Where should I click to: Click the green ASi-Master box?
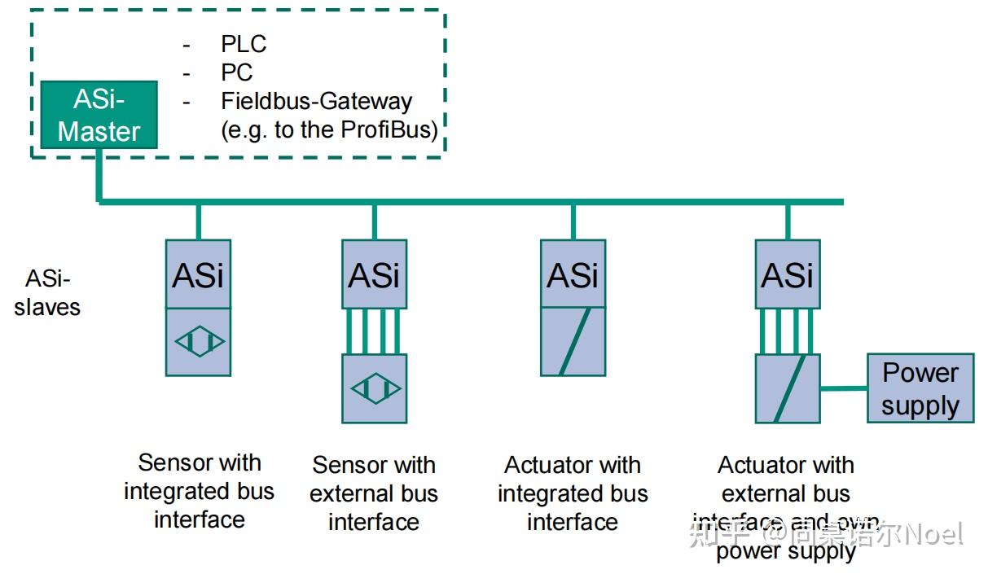tap(99, 115)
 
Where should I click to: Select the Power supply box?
tap(920, 388)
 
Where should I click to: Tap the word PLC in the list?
tap(244, 44)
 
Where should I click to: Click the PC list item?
tap(237, 72)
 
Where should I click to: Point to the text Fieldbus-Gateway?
tap(316, 102)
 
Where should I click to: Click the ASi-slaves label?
tap(47, 293)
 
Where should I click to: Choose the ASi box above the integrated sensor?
tap(198, 274)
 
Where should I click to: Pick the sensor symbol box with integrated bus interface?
tap(198, 342)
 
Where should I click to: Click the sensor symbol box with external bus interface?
tap(374, 388)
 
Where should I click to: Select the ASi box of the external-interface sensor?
tap(374, 274)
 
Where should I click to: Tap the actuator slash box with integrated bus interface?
tap(573, 342)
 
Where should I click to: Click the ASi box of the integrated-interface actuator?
tap(573, 274)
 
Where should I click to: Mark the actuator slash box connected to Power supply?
tap(788, 388)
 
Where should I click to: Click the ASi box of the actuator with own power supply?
tap(788, 274)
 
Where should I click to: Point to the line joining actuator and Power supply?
tap(844, 388)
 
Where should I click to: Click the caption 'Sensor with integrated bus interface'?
tap(199, 491)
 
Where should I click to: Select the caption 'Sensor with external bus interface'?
tap(374, 493)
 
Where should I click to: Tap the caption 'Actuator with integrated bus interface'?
tap(573, 493)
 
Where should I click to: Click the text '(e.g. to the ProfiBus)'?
tap(329, 130)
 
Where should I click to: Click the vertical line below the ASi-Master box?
tap(99, 174)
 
